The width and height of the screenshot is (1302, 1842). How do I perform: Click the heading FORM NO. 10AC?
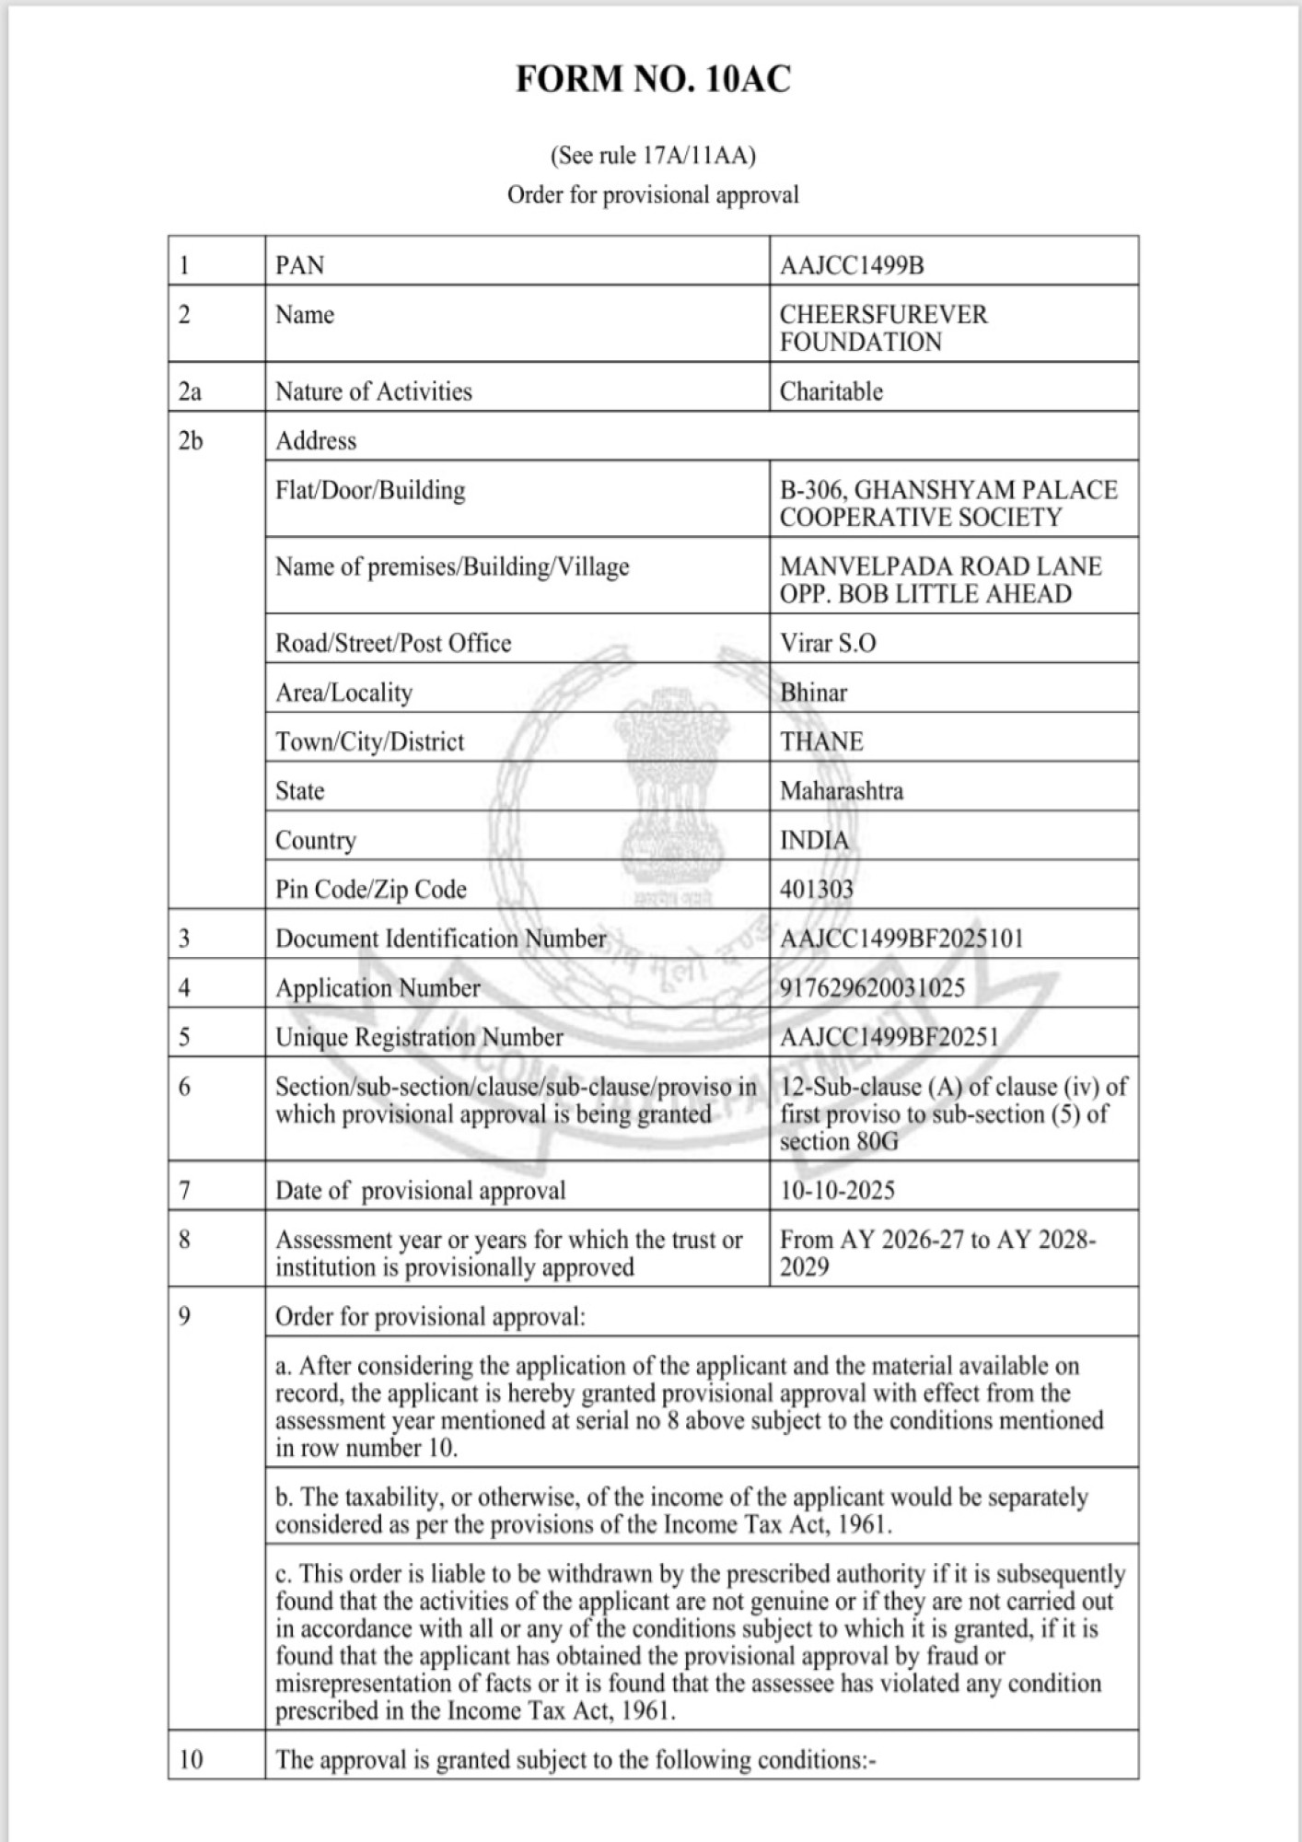pos(652,79)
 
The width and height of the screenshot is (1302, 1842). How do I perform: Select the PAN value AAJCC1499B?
pos(852,265)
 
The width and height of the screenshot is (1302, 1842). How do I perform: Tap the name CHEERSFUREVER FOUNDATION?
pos(882,328)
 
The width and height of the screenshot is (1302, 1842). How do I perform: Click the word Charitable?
pos(831,391)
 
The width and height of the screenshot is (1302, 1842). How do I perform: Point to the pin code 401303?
pos(816,889)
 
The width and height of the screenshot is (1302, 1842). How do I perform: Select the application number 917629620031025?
pos(872,987)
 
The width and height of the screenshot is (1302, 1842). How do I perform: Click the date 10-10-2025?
pos(837,1190)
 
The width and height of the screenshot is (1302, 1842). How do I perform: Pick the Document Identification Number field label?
pos(440,938)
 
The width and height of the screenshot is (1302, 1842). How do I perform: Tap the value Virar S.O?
pos(828,643)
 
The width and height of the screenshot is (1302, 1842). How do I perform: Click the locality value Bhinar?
pos(813,693)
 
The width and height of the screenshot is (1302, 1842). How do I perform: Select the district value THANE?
pos(821,741)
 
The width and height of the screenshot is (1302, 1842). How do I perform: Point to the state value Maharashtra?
pos(841,790)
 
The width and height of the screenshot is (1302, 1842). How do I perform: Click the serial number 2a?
pos(190,391)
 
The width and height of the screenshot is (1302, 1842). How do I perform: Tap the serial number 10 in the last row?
pos(191,1760)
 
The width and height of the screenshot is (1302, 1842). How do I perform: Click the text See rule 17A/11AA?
pos(652,156)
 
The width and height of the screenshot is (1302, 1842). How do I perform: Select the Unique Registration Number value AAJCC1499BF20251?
pos(889,1037)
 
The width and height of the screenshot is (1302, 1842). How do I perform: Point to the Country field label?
pos(315,840)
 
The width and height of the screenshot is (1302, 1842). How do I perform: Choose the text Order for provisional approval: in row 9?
pos(430,1316)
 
